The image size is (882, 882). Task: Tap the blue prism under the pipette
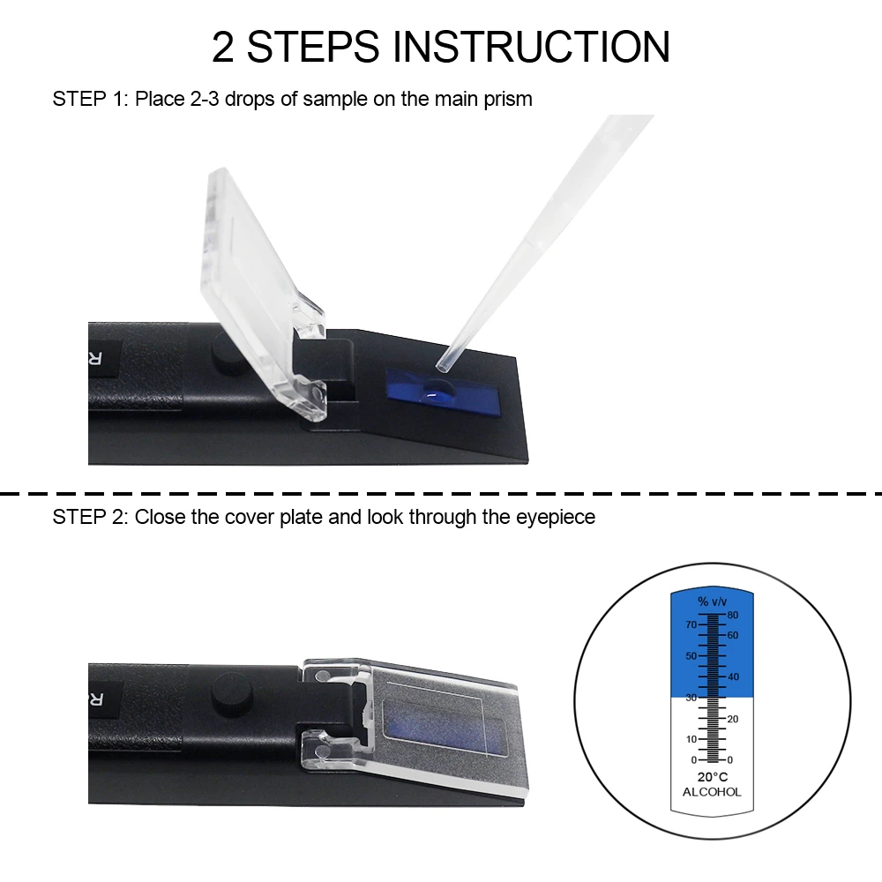coord(441,391)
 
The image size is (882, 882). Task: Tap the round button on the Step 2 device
coord(230,691)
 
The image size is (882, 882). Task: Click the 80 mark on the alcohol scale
coord(733,615)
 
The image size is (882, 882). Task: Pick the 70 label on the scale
coord(691,624)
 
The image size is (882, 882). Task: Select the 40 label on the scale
coord(733,676)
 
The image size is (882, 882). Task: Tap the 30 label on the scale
coord(691,698)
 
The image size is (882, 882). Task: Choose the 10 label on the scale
coord(691,739)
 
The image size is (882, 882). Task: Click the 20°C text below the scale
coord(712,777)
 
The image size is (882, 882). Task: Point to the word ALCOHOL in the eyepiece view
coord(712,792)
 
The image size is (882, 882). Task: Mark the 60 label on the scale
coord(733,635)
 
